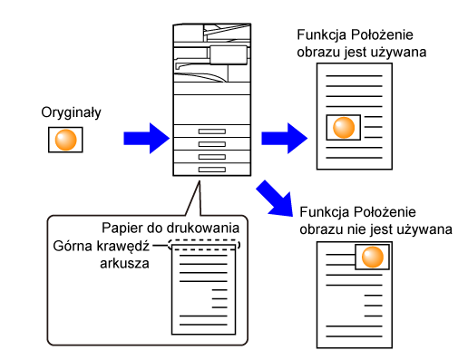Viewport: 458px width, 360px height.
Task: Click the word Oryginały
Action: click(x=71, y=112)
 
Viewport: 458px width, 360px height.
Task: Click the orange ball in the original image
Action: click(x=65, y=140)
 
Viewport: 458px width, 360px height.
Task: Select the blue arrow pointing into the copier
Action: click(x=147, y=138)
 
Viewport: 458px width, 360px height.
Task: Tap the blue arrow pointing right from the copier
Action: click(x=285, y=138)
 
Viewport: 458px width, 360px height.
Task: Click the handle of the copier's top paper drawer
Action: click(x=212, y=131)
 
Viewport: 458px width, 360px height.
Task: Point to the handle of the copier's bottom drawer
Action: click(x=212, y=170)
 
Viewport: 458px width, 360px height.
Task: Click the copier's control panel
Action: click(x=229, y=55)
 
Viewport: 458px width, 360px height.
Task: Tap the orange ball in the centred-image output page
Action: click(x=344, y=128)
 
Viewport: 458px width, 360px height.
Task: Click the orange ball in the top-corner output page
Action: click(x=373, y=257)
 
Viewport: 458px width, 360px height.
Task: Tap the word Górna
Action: click(x=73, y=246)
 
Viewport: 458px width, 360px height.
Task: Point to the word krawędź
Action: click(x=123, y=247)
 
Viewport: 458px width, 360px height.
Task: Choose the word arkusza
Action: click(x=124, y=264)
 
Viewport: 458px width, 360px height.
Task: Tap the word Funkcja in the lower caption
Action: click(x=323, y=212)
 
